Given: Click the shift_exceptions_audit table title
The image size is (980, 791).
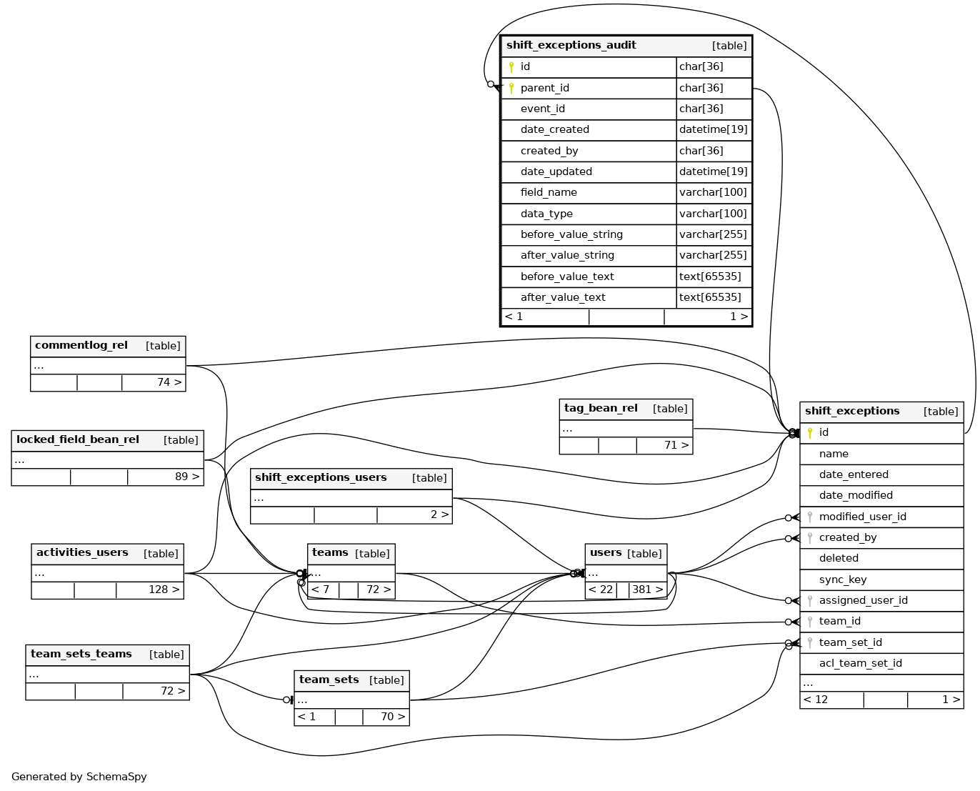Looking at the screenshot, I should [571, 45].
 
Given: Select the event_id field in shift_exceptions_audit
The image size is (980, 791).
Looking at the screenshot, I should [542, 109].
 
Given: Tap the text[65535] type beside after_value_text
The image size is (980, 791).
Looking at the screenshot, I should [710, 297].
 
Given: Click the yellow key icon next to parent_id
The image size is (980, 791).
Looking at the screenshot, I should [511, 88].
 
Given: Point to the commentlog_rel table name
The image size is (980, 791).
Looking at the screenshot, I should [81, 345].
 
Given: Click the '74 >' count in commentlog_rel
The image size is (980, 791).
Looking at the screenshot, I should [169, 382].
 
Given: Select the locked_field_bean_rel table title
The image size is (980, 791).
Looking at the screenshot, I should [78, 439].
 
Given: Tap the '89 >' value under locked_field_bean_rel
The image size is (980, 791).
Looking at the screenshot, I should [187, 477].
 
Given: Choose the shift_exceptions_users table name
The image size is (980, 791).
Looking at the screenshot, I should [321, 477].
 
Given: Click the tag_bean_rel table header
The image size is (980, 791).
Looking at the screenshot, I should [601, 408].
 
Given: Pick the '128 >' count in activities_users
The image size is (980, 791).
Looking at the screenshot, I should [164, 589].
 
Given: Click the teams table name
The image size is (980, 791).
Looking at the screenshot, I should [330, 552].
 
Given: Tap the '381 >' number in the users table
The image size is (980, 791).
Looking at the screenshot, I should [647, 589].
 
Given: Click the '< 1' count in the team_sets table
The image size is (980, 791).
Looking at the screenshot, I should [306, 717].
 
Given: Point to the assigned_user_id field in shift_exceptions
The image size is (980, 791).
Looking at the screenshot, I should [863, 600].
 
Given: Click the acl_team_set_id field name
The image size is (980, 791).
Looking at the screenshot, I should [860, 663].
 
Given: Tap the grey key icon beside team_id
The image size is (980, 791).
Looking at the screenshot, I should [810, 622].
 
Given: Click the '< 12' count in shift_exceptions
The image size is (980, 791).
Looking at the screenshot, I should [816, 700].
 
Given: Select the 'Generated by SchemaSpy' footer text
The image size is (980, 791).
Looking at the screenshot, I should [79, 777].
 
